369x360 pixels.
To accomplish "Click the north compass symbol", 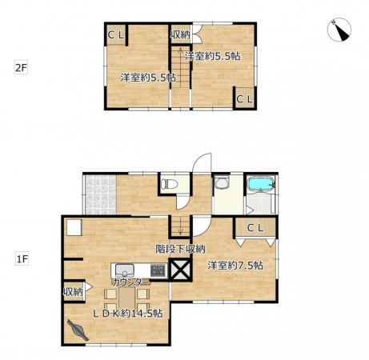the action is pos(339,30).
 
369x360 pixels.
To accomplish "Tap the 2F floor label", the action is pos(21,68).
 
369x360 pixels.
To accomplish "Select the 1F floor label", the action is pos(22,259).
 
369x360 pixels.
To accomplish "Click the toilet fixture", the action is pos(170,184).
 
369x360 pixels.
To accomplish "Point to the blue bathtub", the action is pos(261,183).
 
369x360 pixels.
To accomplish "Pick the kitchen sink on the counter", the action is pos(125,270).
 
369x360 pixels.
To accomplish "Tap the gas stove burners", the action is pos(158,270).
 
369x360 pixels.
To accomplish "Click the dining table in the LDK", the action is pos(127,298).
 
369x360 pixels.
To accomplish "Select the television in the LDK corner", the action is pos(78,330).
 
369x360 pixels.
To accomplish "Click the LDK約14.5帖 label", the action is pos(127,314).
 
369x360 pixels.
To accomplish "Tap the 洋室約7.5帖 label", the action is pos(235,266).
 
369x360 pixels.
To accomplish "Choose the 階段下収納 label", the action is pos(180,249).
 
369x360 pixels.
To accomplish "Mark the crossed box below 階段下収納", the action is pos(180,269).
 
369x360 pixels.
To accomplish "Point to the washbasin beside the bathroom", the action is pos(222,182).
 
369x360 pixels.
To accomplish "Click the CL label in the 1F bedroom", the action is pos(255,228).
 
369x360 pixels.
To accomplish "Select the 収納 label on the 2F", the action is pos(180,34).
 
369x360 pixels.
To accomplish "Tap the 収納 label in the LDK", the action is pos(73,292).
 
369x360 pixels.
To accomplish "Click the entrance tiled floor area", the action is pos(101,194).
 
